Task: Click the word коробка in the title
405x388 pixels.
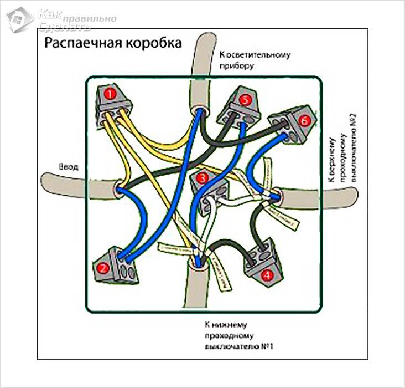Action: [x=150, y=44]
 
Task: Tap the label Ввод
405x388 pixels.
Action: [x=69, y=166]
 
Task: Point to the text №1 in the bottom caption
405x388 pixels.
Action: [x=268, y=346]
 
